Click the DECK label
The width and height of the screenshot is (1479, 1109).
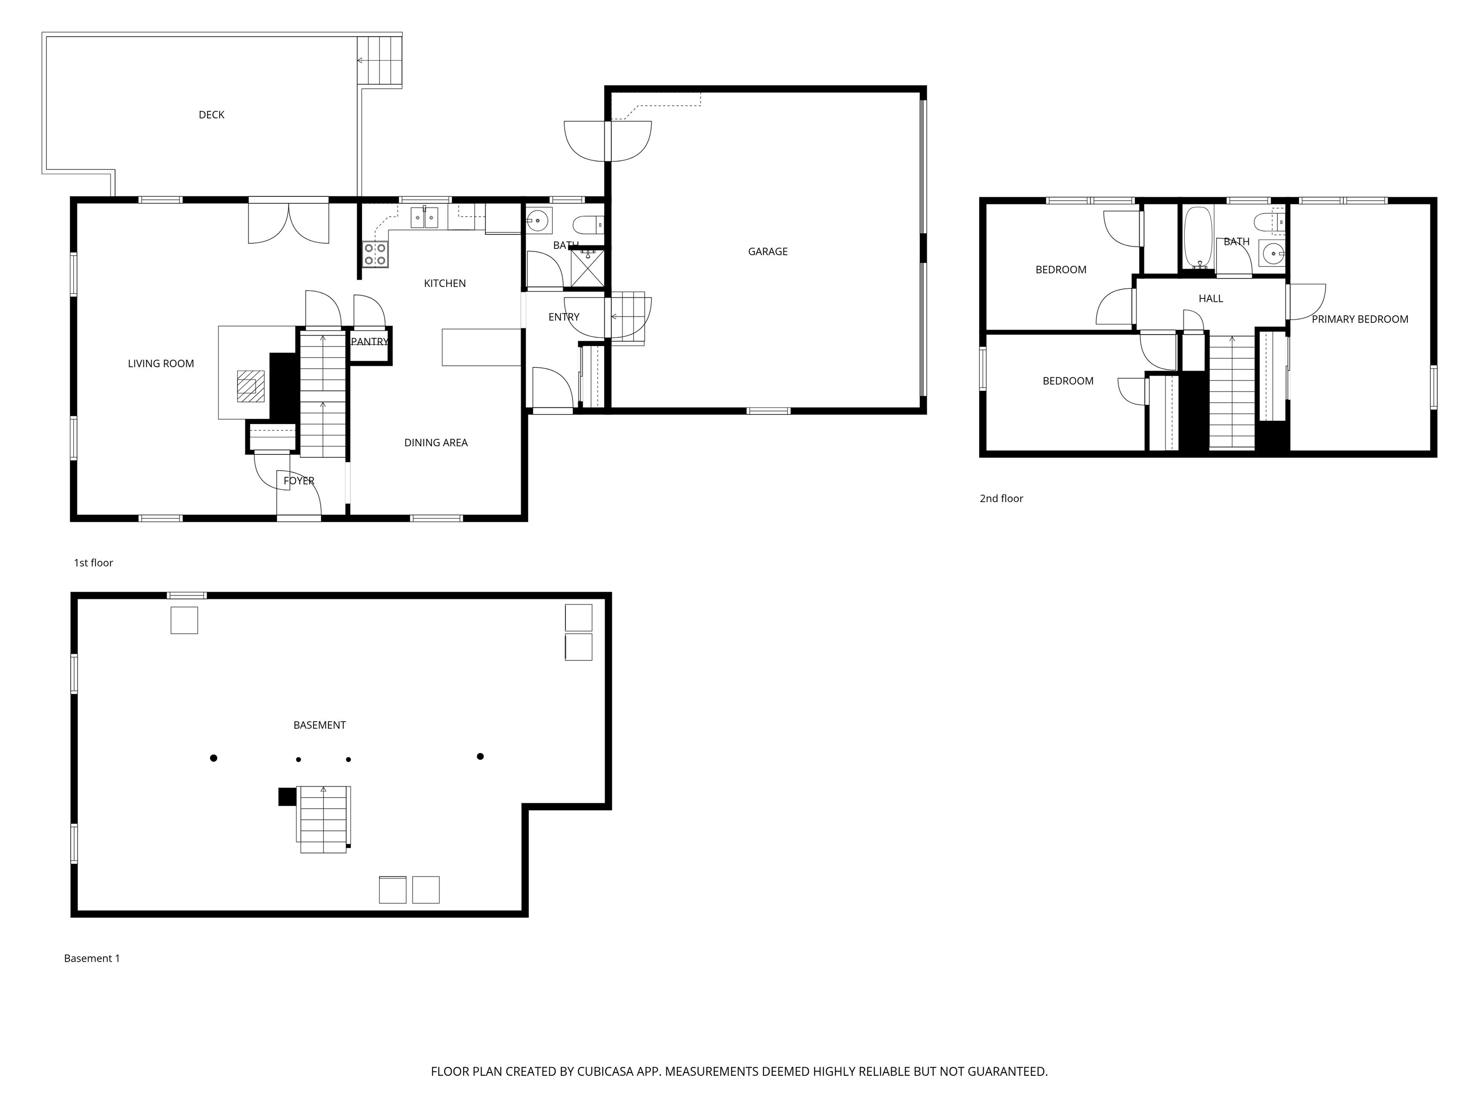pyautogui.click(x=211, y=115)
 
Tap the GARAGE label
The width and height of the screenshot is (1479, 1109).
pyautogui.click(x=767, y=251)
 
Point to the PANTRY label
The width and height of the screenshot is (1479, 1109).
pyautogui.click(x=369, y=342)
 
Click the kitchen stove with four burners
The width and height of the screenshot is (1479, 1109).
pyautogui.click(x=375, y=255)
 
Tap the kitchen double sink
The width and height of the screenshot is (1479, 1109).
pyautogui.click(x=424, y=217)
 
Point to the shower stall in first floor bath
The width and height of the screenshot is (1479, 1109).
pyautogui.click(x=587, y=269)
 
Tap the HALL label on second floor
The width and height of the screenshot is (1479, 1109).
pyautogui.click(x=1210, y=299)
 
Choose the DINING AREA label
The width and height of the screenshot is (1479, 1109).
pyautogui.click(x=435, y=442)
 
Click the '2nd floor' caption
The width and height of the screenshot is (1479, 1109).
pyautogui.click(x=1001, y=499)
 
